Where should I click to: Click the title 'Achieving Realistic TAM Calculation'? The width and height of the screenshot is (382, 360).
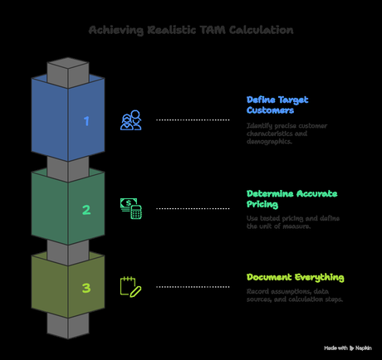click(191, 30)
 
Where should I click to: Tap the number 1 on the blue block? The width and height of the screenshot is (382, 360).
click(86, 121)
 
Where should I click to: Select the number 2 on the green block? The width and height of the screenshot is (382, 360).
click(86, 210)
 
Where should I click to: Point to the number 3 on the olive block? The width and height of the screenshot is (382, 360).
click(86, 289)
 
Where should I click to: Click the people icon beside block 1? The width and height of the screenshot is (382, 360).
click(130, 121)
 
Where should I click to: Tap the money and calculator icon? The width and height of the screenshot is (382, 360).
click(130, 208)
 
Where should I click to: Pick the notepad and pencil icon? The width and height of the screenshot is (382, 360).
click(130, 286)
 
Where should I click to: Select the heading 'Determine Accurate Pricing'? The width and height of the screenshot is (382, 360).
click(291, 198)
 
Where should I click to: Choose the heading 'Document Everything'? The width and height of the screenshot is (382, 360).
click(295, 277)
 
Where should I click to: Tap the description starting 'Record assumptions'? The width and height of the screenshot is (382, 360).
click(295, 294)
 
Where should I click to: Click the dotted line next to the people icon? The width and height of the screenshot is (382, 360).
click(193, 120)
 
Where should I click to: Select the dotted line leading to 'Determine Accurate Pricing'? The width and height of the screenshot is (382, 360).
click(193, 208)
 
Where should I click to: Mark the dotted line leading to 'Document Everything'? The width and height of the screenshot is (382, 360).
click(193, 287)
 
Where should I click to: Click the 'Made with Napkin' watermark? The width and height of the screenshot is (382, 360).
click(349, 348)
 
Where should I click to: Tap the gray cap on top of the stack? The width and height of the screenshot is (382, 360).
click(67, 69)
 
